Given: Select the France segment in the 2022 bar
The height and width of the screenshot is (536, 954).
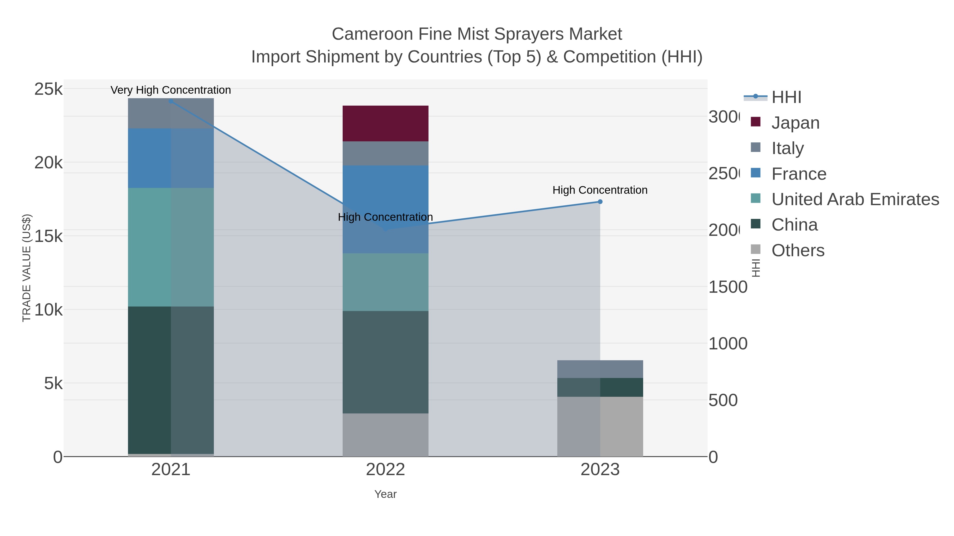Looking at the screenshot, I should [x=385, y=209].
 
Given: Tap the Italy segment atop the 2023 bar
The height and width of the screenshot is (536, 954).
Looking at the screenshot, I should [x=600, y=369].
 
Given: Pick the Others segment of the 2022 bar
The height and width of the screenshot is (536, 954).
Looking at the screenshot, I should [x=385, y=435].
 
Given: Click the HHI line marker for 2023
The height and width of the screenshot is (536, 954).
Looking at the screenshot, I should [x=600, y=202].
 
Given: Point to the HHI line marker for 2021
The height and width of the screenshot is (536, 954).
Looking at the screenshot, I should [x=171, y=101].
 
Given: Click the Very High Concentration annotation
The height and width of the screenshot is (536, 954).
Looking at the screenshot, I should [x=171, y=90].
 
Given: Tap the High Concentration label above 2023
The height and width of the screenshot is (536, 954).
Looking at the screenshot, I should [x=600, y=190].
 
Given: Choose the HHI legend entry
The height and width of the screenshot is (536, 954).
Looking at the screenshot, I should [x=786, y=97].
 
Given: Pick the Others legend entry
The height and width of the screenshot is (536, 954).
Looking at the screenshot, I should [x=798, y=250].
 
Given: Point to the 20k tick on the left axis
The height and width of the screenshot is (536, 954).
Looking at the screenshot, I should [x=48, y=163].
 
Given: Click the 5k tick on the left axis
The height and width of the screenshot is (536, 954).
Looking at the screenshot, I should [x=53, y=383].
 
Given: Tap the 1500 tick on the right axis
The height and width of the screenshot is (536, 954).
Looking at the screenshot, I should [x=728, y=287].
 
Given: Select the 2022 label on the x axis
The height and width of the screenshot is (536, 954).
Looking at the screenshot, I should [x=385, y=469].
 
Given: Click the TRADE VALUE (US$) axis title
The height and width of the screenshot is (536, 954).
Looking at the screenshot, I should [x=27, y=268].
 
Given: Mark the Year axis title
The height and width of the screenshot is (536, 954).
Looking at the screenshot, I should [x=385, y=494].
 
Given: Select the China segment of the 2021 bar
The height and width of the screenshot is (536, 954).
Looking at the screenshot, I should [x=171, y=380].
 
